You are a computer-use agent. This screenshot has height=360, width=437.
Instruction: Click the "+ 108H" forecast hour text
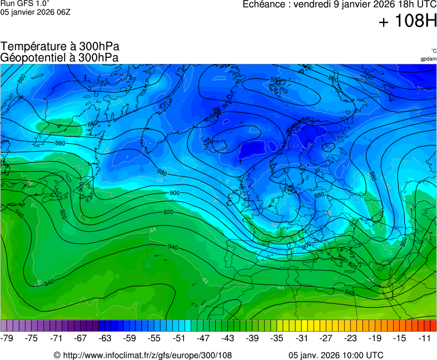click(408, 21)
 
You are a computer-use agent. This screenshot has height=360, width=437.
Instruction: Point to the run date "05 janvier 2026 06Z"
click(35, 12)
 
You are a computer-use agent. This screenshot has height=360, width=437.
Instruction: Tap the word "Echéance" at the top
click(264, 4)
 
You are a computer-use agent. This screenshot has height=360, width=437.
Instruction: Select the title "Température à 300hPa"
click(59, 47)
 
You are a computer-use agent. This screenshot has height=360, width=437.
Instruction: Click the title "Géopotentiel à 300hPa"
click(59, 57)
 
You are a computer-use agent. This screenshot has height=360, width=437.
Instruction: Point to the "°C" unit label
click(433, 51)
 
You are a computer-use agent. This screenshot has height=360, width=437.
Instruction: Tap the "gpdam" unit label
click(428, 59)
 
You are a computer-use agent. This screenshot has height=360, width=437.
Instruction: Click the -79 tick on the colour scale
click(7, 338)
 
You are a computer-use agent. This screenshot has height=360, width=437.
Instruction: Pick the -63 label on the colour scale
click(105, 338)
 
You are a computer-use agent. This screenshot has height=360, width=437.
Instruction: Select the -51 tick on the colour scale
click(179, 338)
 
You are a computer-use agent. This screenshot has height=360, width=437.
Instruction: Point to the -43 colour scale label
click(228, 338)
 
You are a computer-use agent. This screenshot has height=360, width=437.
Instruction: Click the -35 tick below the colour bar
click(277, 338)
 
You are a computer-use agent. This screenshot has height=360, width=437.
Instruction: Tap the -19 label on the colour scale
click(375, 338)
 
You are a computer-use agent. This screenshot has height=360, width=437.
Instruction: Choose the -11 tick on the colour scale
click(424, 338)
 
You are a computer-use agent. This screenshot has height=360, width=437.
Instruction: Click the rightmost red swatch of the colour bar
click(433, 326)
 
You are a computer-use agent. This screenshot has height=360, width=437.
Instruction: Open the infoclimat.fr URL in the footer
click(142, 355)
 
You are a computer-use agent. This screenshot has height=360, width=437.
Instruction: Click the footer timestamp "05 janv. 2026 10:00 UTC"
click(336, 355)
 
